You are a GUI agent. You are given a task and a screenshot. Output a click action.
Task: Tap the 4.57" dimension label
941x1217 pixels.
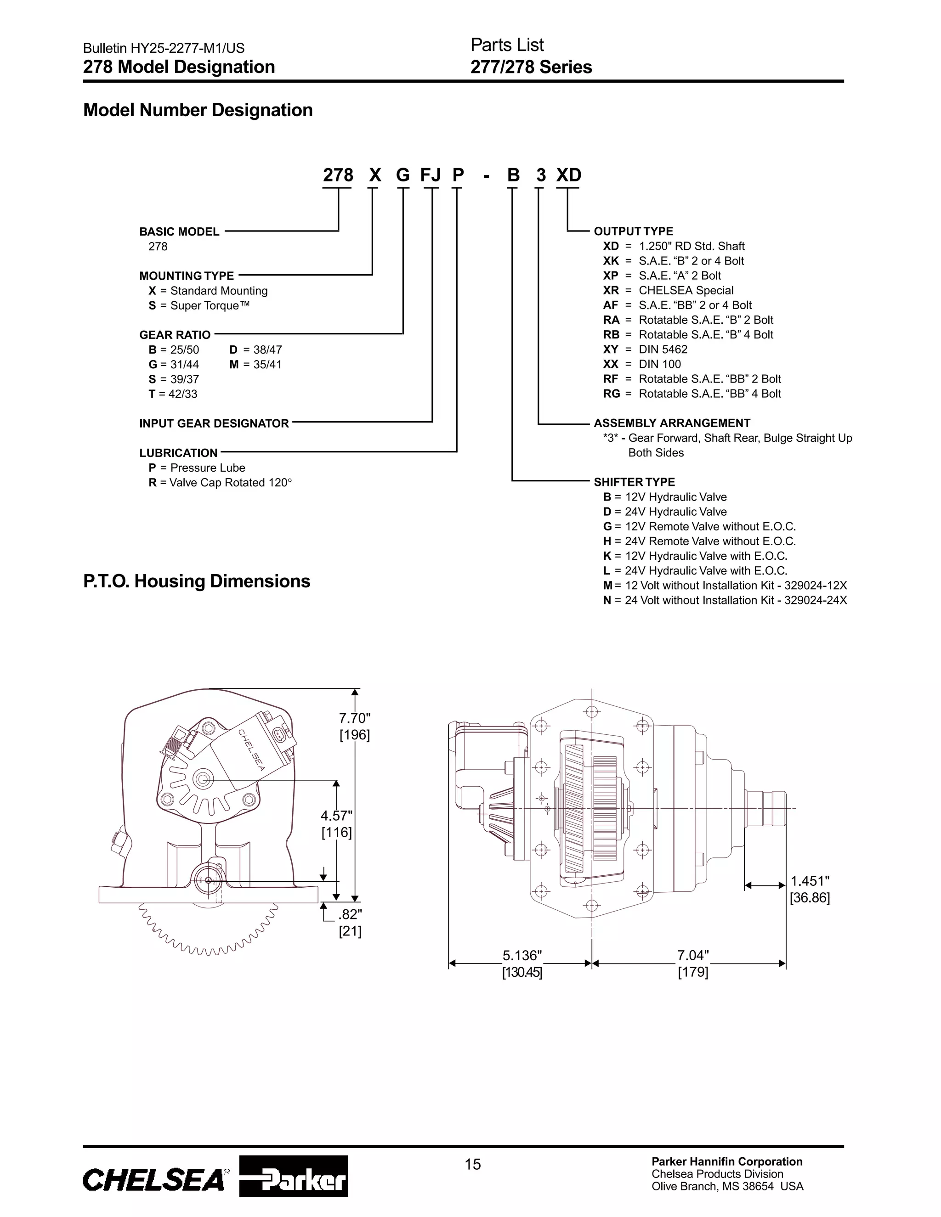click(x=336, y=816)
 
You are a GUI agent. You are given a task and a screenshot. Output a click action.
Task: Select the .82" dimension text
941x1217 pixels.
click(x=350, y=914)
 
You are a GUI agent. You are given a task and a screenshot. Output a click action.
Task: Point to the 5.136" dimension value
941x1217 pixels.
click(x=522, y=955)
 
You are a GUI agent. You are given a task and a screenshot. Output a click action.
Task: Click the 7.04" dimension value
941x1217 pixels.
click(x=693, y=955)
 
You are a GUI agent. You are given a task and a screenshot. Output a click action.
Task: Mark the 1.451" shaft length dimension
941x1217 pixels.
click(x=810, y=881)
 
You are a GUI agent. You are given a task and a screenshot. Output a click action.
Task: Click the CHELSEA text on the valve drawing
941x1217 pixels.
click(x=252, y=749)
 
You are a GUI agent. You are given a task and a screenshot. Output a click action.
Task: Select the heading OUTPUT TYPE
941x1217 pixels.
click(x=633, y=231)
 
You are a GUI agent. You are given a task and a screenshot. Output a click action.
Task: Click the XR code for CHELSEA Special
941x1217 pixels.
click(x=611, y=290)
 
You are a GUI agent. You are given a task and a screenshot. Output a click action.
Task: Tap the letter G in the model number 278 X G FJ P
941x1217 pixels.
click(x=402, y=175)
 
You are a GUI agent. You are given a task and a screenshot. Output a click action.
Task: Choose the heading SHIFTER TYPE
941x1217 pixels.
click(x=634, y=482)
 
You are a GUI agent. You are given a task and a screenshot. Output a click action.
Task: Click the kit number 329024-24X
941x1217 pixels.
click(x=815, y=600)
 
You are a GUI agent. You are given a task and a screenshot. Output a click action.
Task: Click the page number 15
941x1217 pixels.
click(x=472, y=1164)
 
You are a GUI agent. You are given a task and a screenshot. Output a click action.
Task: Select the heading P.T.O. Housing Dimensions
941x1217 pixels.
click(x=196, y=581)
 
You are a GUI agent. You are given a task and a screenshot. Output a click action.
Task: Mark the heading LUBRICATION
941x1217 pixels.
click(x=178, y=453)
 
